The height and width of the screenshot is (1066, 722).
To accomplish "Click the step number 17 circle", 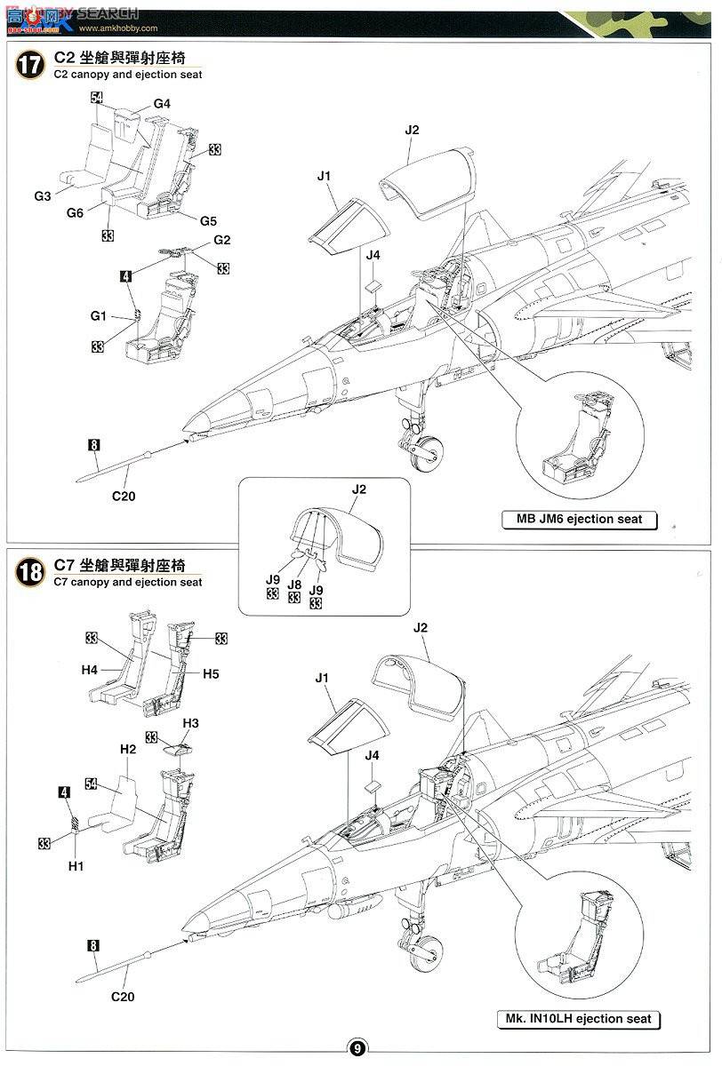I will (x=30, y=68).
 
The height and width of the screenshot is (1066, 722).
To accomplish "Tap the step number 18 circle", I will (x=30, y=571).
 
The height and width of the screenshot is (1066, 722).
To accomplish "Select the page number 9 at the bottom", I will (x=356, y=1048).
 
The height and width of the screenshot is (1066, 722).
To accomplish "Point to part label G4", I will (x=162, y=104).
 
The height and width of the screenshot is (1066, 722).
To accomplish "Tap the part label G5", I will (x=208, y=220).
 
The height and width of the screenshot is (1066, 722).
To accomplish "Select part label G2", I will (x=221, y=241).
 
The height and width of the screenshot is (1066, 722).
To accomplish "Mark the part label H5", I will (x=210, y=673).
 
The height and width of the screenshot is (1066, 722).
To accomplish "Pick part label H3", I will (x=190, y=723).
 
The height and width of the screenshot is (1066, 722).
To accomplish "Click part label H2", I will (x=127, y=750).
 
